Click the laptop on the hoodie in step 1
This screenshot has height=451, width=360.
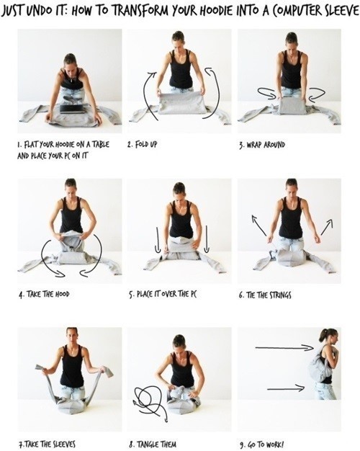[x=72, y=109]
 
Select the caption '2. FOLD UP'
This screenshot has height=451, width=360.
[x=143, y=144]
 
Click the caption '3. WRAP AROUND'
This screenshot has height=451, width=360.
[x=262, y=144]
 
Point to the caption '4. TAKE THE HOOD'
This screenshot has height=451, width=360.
[x=45, y=294]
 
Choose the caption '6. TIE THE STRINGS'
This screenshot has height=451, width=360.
[x=264, y=295]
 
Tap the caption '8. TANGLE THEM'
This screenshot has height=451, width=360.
[x=153, y=444]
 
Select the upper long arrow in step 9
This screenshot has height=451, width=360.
[x=284, y=348]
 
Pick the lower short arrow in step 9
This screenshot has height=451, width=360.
[x=286, y=388]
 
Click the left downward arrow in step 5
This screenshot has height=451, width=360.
[x=157, y=240]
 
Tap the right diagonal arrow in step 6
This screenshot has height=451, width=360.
[x=327, y=227]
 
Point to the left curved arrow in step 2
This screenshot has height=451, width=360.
[x=147, y=95]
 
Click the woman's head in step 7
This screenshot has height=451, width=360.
[x=72, y=335]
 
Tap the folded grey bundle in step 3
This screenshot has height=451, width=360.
[x=292, y=106]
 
